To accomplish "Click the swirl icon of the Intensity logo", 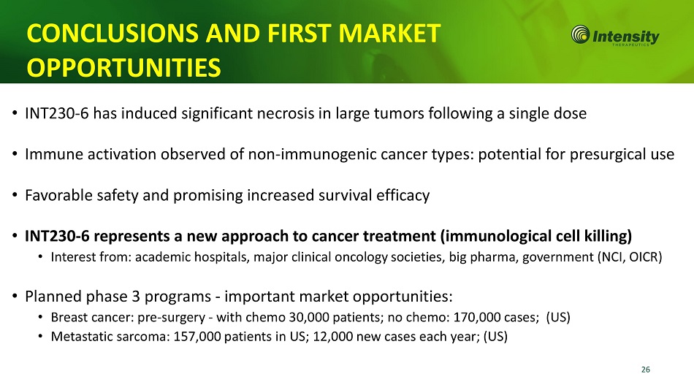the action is point(580,34).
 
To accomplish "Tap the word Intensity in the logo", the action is point(625,36).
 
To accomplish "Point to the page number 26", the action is point(646,370).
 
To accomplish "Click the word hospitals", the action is point(218,257).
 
